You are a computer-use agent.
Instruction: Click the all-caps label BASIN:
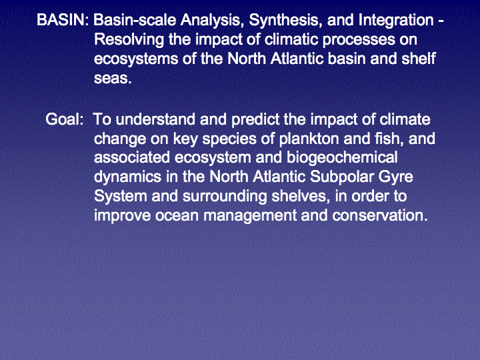[63, 20]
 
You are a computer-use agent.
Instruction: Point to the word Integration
[396, 21]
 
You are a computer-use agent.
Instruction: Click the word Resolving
[129, 41]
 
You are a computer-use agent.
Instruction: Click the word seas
[113, 79]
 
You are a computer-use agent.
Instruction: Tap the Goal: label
[65, 119]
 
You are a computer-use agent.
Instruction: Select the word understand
[155, 119]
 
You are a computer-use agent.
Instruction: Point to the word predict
[255, 120]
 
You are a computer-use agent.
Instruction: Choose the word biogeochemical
[342, 158]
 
